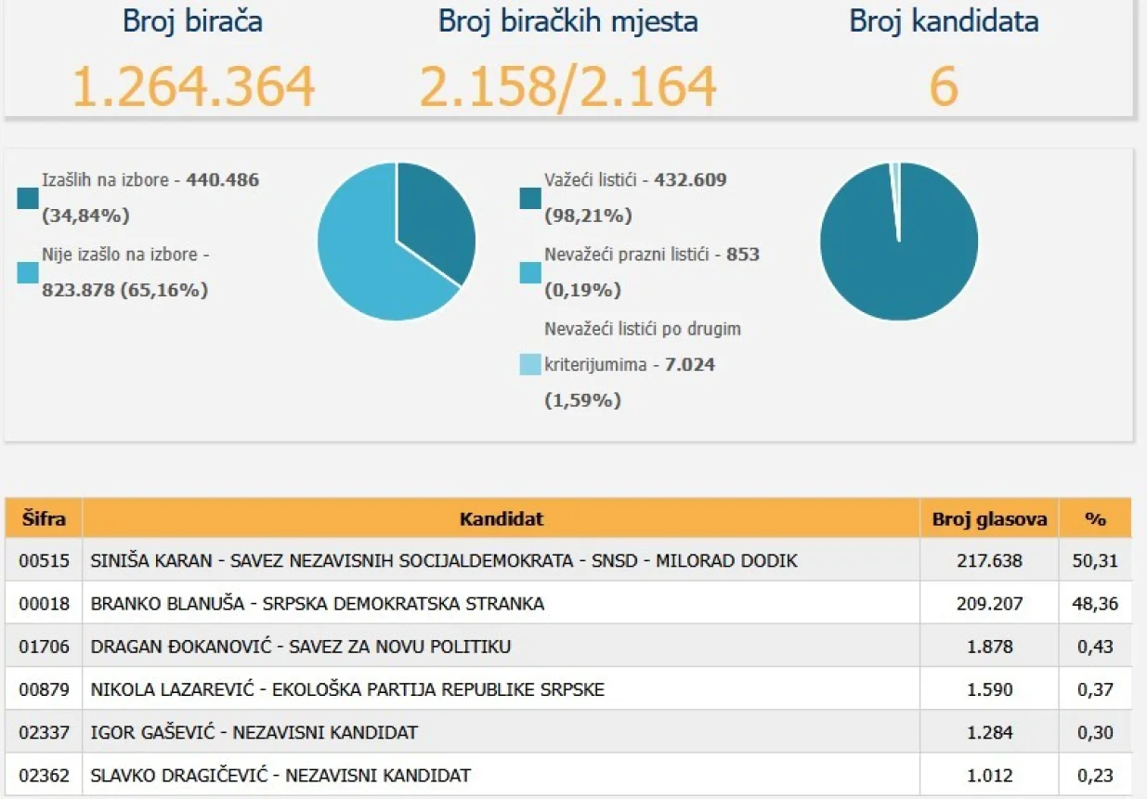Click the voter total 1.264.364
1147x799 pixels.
[193, 86]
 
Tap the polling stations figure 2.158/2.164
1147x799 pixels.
[567, 86]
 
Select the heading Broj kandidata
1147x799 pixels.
[944, 22]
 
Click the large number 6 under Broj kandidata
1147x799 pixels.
[944, 86]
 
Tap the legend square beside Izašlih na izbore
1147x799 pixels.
[28, 198]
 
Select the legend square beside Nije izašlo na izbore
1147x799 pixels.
[28, 272]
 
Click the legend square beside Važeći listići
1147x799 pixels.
[530, 198]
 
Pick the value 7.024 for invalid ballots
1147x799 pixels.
[690, 364]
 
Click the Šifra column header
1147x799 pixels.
[44, 518]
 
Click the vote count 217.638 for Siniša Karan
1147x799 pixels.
[989, 561]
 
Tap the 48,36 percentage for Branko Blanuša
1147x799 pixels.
[1097, 604]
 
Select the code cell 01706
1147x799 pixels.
[44, 647]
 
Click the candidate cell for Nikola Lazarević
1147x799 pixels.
[347, 689]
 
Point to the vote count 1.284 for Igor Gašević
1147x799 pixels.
[989, 732]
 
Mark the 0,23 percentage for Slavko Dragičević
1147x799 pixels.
[1097, 775]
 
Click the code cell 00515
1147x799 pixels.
[44, 561]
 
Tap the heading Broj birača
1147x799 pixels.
[192, 22]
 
